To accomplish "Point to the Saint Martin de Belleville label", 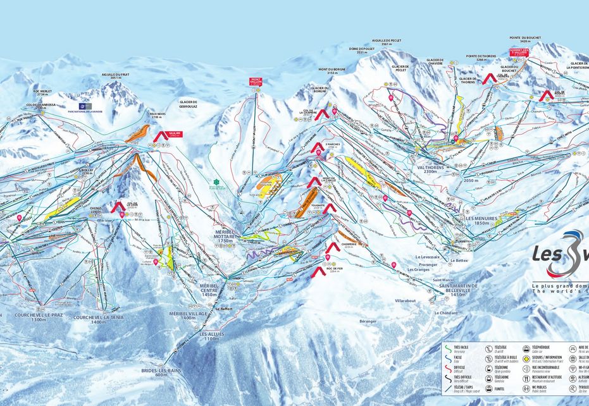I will coord(460,289).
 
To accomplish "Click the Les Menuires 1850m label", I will coord(483,220).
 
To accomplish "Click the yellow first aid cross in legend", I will coord(528,357).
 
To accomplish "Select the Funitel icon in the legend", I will coord(489,388).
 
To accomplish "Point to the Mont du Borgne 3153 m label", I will coord(332,71).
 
